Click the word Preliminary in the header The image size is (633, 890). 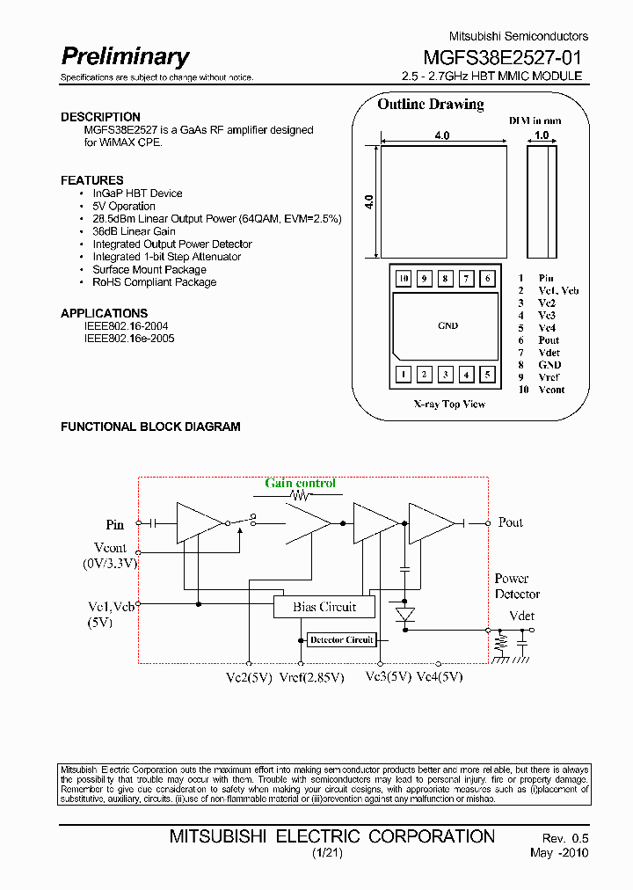[x=125, y=57]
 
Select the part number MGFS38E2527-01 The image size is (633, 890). [x=502, y=58]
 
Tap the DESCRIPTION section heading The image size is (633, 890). [x=100, y=117]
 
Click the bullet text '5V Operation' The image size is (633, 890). [x=124, y=206]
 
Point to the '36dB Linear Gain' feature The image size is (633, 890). [x=134, y=231]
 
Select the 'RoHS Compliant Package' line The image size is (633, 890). [x=154, y=282]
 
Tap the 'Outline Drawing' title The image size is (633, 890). [x=430, y=105]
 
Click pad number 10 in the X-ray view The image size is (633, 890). [x=403, y=279]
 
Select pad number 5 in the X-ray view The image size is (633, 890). [x=487, y=376]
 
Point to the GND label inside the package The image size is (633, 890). [x=447, y=326]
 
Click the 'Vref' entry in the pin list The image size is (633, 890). [x=549, y=377]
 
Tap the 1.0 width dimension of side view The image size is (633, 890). [x=542, y=135]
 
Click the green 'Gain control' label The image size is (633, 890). [x=300, y=483]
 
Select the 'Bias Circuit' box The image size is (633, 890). [x=324, y=607]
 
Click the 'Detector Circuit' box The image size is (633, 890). [x=341, y=639]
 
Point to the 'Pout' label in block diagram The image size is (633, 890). [x=510, y=522]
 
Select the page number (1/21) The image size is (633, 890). [x=324, y=853]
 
